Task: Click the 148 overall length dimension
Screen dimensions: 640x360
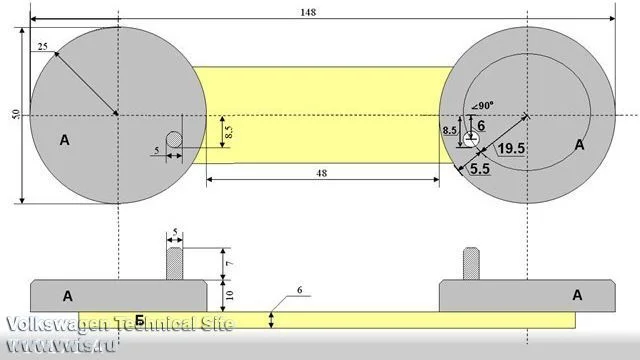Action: pyautogui.click(x=308, y=12)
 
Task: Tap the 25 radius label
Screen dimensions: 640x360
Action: pyautogui.click(x=42, y=47)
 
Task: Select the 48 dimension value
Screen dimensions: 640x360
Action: pyautogui.click(x=322, y=173)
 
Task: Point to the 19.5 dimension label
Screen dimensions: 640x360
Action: pyautogui.click(x=511, y=148)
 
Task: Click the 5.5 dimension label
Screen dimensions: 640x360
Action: pyautogui.click(x=480, y=169)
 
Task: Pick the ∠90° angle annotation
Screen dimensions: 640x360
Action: pyautogui.click(x=482, y=106)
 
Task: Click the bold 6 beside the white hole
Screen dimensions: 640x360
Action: pyautogui.click(x=481, y=126)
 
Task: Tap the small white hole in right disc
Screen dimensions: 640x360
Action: pyautogui.click(x=471, y=140)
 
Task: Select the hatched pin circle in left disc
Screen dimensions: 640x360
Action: pyautogui.click(x=174, y=139)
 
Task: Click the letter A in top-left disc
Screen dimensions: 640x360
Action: pyautogui.click(x=64, y=140)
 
